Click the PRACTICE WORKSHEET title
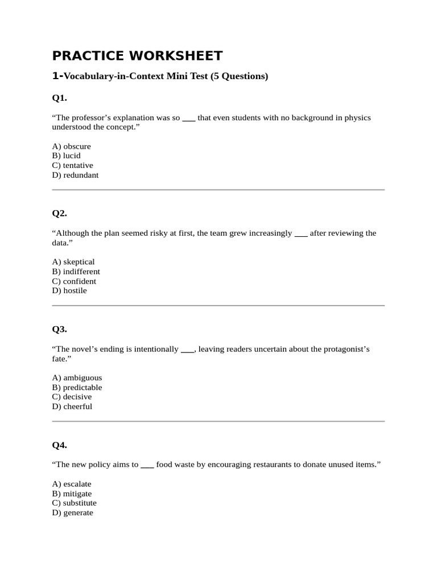click(137, 55)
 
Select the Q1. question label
click(59, 98)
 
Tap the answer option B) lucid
click(66, 155)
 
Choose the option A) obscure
click(71, 146)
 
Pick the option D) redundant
click(75, 175)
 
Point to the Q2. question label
click(59, 214)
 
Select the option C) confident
click(74, 281)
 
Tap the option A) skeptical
click(73, 262)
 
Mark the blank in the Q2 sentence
click(301, 233)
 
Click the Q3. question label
click(59, 329)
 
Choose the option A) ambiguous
click(77, 377)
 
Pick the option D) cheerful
click(72, 406)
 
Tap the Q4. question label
click(59, 445)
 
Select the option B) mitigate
click(72, 493)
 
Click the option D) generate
click(72, 512)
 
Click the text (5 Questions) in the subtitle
click(239, 76)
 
